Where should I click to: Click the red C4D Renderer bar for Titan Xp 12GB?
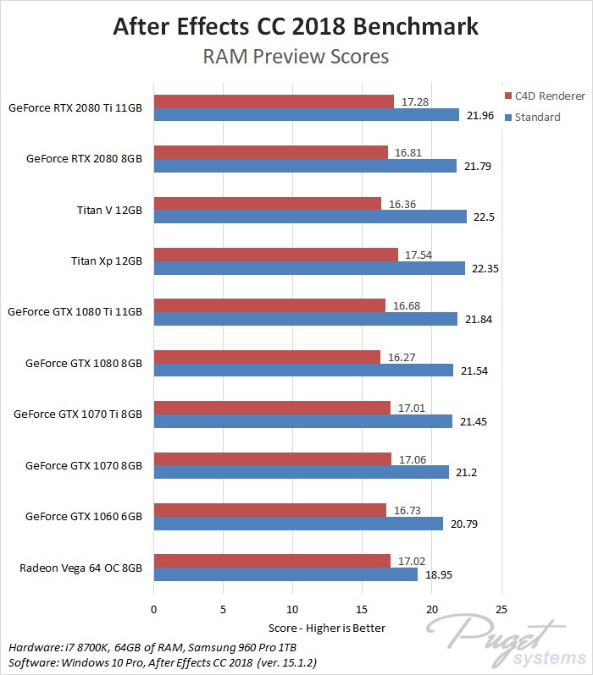point(275,255)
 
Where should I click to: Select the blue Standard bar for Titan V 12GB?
point(310,217)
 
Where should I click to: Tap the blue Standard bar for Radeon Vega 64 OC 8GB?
point(285,574)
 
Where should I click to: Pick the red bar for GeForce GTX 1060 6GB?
point(269,510)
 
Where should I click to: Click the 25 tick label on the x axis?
point(502,609)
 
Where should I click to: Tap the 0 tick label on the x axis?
point(153,609)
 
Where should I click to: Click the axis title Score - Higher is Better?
point(327,628)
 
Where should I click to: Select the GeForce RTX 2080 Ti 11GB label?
point(75,107)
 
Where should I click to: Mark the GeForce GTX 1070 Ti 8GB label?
point(78,414)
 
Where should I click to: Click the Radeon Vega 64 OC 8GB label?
point(80,567)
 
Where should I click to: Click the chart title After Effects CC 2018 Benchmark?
point(296,27)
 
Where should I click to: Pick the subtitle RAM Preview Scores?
point(296,58)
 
